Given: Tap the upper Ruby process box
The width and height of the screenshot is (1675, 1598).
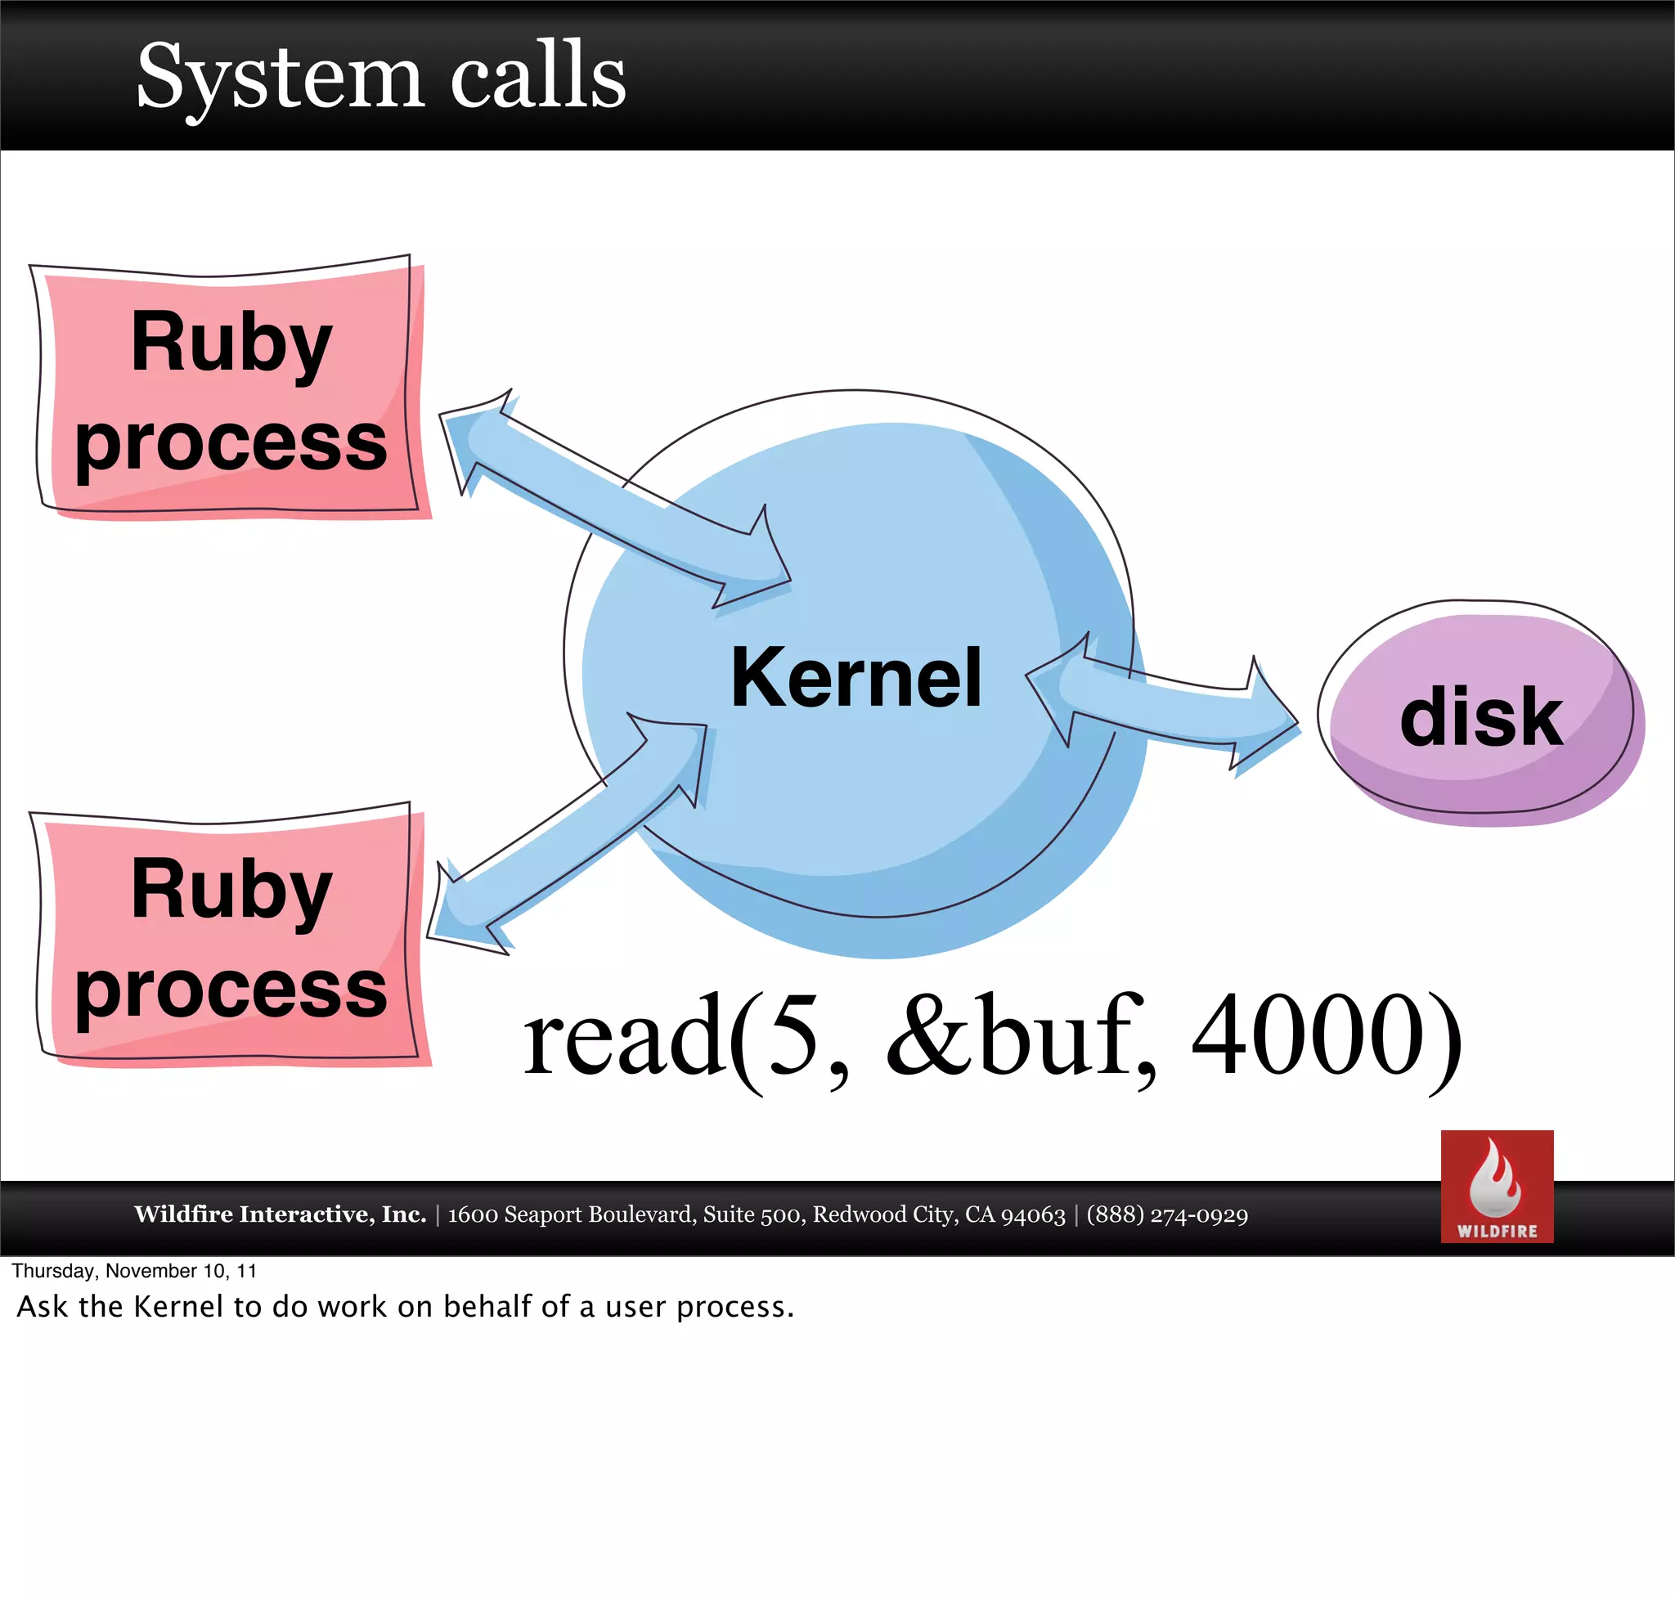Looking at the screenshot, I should [x=230, y=390].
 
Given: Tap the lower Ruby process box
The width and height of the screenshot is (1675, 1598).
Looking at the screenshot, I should [x=230, y=937].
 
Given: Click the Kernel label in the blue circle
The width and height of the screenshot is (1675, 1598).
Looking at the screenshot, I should [x=855, y=677].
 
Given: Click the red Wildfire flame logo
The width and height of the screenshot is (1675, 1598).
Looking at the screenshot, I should [x=1496, y=1186].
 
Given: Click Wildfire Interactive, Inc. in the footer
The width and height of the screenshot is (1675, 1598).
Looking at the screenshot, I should [x=280, y=1214].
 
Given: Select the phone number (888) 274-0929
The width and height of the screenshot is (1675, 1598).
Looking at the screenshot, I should [x=1166, y=1214].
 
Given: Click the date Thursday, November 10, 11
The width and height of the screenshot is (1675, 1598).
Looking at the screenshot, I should [x=134, y=1270].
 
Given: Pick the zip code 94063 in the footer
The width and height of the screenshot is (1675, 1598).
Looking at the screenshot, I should [x=1033, y=1214].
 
